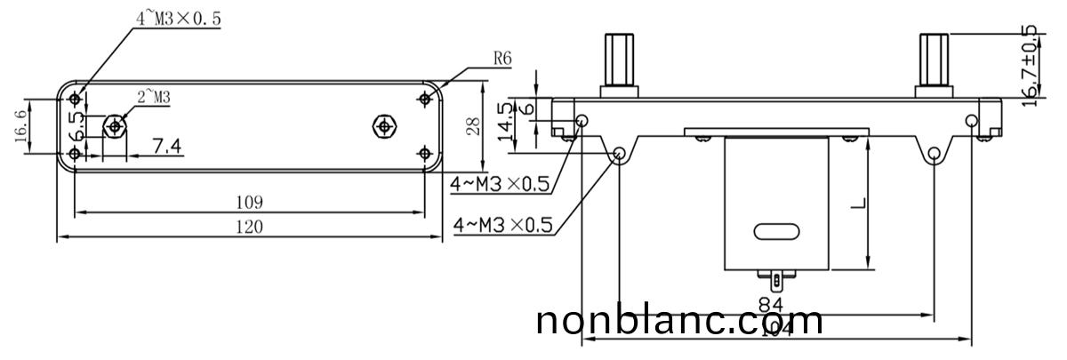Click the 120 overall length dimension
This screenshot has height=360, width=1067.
click(250, 227)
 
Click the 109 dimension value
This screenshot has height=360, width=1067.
click(250, 202)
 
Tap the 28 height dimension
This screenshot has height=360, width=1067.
click(474, 125)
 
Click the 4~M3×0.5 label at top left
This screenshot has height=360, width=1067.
click(178, 17)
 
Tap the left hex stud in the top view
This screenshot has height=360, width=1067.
click(114, 126)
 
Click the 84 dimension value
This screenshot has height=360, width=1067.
click(771, 305)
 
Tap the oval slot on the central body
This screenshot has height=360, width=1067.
click(776, 231)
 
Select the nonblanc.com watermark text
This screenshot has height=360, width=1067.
click(680, 321)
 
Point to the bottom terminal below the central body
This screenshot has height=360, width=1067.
click(780, 284)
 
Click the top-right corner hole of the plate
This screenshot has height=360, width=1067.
click(425, 99)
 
